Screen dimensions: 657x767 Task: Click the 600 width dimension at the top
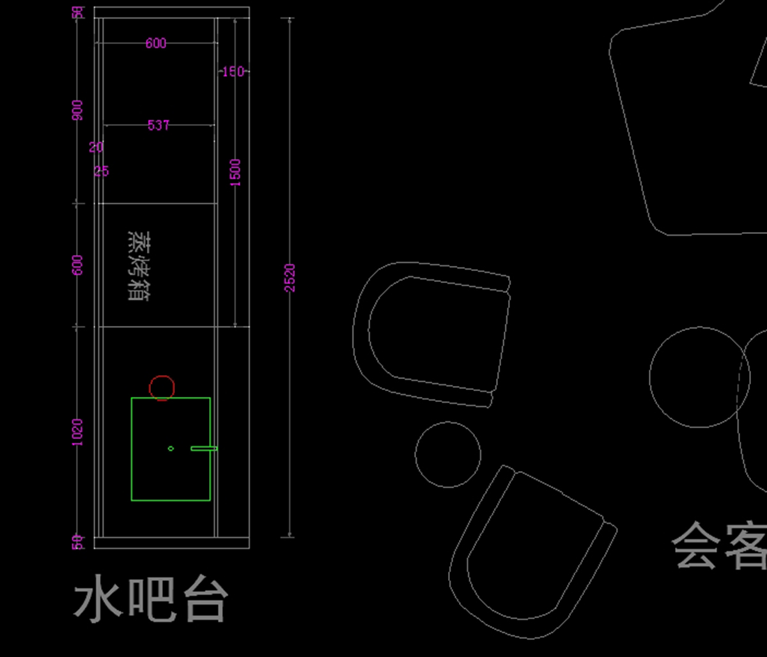tap(156, 43)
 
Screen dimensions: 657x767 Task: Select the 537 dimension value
tap(159, 125)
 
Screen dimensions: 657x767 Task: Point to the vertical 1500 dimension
tap(236, 173)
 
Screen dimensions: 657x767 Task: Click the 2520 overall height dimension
tap(290, 278)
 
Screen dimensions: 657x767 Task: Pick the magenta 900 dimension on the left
tap(77, 110)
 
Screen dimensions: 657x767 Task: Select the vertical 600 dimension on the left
tap(77, 265)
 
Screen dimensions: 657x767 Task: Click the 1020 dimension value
tap(77, 433)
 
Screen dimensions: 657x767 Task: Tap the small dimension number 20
tap(96, 148)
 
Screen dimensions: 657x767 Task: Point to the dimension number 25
tap(102, 171)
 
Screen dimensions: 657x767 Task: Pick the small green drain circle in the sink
tap(171, 449)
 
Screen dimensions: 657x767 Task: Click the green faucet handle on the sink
tap(204, 449)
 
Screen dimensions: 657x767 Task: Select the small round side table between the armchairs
tap(447, 454)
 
